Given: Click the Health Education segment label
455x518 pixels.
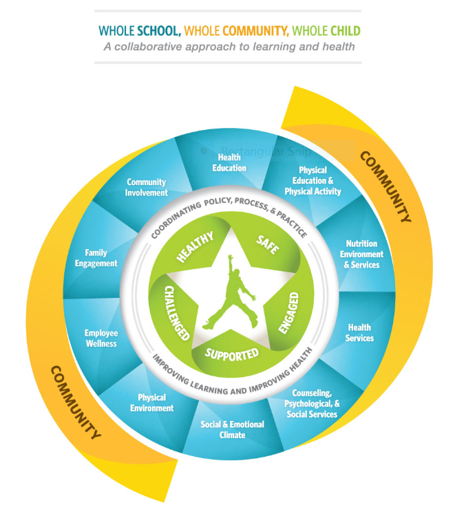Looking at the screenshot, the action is coord(229,162).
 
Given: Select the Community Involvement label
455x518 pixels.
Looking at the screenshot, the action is coord(147,187).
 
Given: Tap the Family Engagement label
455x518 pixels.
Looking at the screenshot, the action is coord(96,258).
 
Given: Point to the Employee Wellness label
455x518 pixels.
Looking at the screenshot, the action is coord(101,338).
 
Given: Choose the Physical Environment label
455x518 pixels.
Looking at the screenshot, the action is coord(151,402).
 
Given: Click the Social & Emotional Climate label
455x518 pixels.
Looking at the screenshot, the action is coord(232,429).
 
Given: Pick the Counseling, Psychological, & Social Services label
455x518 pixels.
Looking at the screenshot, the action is coord(312,403).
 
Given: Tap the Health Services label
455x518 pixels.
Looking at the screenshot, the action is coord(359,333).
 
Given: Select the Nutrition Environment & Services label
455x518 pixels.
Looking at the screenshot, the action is coord(361,254).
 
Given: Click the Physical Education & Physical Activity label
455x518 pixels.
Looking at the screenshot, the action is coord(313,181).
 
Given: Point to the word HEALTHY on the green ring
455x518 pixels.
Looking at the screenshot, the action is coord(195,246).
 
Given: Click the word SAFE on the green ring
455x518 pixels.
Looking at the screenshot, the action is coord(268,245).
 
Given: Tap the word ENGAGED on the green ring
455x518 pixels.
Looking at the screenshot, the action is coord(288,313).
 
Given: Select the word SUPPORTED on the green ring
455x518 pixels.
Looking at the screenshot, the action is coord(231,354).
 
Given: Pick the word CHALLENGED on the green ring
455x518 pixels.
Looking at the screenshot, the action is coord(177,313).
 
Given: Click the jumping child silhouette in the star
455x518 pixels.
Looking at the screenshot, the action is coord(231,292).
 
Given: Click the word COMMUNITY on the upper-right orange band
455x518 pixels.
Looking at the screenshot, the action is coord(385,186).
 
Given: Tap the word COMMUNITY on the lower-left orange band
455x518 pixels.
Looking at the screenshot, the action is coord(76,402).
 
